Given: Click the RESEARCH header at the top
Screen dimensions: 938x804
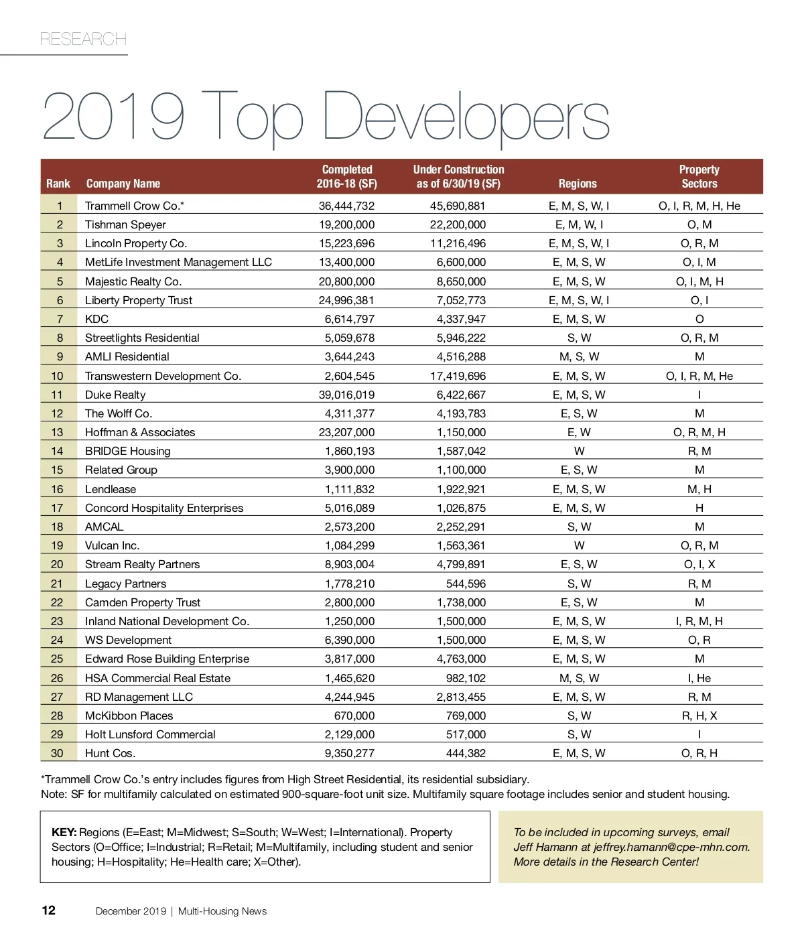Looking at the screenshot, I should pos(83,39).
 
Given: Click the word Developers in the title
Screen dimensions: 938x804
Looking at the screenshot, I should pos(466,117).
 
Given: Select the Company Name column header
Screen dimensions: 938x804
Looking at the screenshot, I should pos(123,184).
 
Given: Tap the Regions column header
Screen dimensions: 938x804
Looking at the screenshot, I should pos(578,184).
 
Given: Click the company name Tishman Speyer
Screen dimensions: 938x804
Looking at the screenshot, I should pos(125,224).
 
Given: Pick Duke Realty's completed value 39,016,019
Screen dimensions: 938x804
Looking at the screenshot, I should pos(346,395).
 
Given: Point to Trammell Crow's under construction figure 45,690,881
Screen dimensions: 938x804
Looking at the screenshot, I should pos(458,206).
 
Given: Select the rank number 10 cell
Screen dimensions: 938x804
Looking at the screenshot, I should pos(58,376).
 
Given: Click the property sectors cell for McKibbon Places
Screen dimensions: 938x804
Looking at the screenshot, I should pos(699,716).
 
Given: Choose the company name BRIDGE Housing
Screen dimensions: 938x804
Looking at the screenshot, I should pos(128,451).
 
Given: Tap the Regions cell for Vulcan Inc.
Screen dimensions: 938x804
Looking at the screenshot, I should pos(579,545).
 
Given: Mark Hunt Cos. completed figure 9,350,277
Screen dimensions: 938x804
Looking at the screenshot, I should pos(350,753).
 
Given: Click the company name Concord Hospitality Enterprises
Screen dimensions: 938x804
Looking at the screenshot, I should pos(164,508).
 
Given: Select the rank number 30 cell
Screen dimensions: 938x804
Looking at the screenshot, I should pos(58,753).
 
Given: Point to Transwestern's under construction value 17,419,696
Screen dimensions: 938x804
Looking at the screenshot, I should pos(458,376).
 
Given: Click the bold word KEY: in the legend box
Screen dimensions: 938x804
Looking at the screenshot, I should pos(64,832).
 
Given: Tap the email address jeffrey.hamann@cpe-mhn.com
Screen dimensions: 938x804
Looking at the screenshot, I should pos(671,847).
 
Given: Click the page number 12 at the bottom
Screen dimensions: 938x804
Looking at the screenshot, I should pos(49,910).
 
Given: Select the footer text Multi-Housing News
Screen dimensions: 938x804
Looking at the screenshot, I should pos(222,911).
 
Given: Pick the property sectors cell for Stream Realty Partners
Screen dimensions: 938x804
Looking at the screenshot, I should pos(699,564).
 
